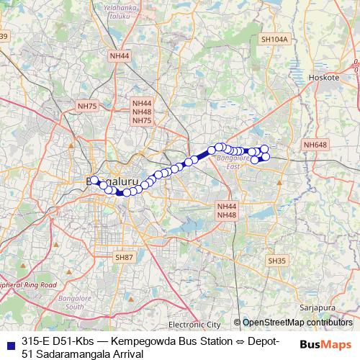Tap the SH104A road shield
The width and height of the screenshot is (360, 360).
pos(274,40)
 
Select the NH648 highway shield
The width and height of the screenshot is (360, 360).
pos(315,145)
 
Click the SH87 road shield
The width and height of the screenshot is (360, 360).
pos(125,257)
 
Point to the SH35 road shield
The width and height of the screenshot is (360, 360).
pos(276,260)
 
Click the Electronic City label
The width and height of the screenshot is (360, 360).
pos(196,324)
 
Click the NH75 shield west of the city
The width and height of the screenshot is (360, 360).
pos(87,106)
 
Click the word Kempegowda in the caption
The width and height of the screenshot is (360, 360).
pos(141,341)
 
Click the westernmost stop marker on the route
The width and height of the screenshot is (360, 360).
pos(94,179)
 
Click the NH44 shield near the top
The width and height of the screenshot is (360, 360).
pos(120,55)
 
